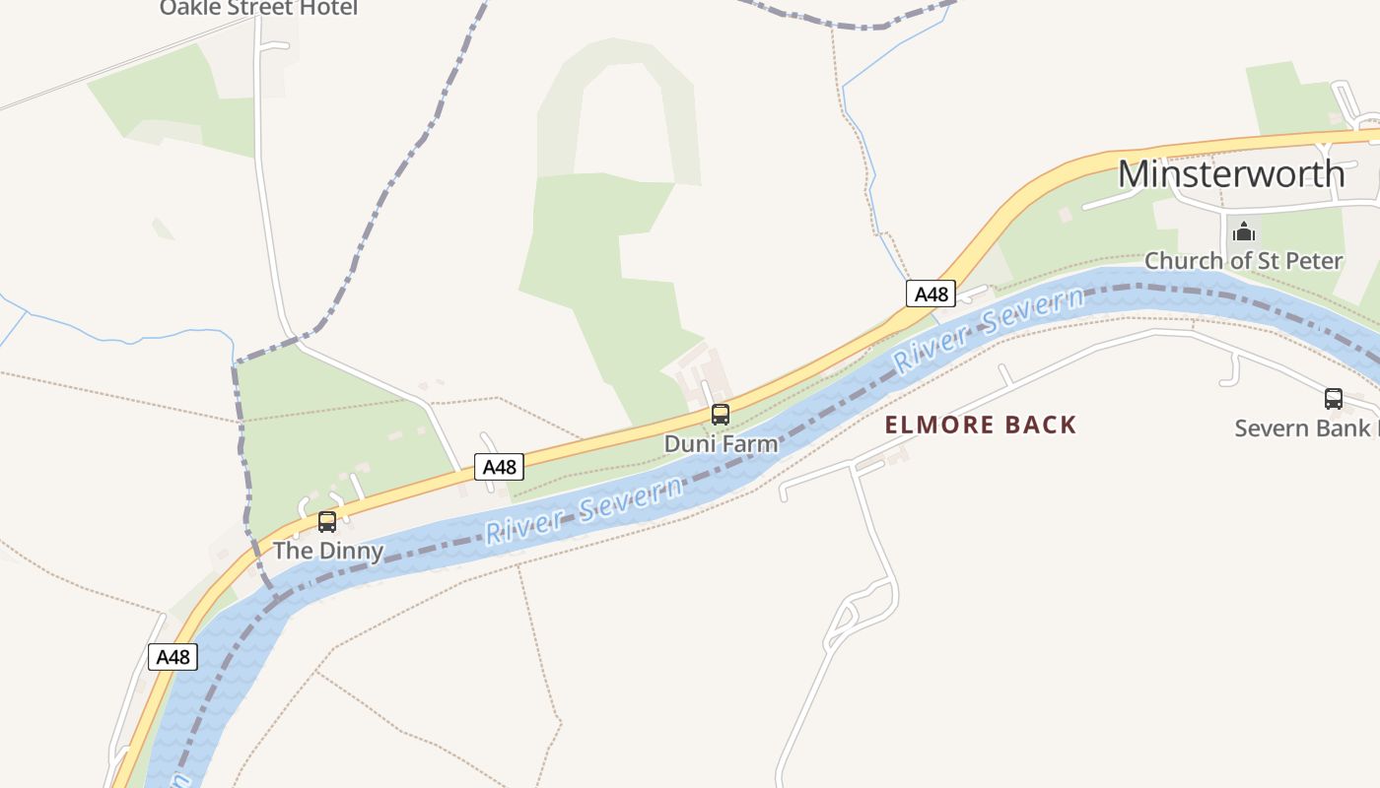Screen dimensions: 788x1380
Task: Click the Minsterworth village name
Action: tap(1231, 174)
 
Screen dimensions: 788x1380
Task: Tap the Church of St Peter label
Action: tap(1243, 261)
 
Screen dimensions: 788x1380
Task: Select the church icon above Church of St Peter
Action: tap(1244, 232)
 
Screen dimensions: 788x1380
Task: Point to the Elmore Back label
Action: tap(981, 426)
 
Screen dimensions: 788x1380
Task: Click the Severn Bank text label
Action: tap(1306, 428)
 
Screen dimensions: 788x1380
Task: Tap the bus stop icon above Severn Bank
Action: tap(1334, 399)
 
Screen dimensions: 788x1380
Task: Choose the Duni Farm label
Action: tap(721, 444)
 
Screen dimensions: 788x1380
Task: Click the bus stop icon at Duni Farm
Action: tap(721, 415)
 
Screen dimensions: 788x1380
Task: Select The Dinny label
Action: tap(328, 551)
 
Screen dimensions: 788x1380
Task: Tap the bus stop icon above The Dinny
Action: tap(327, 522)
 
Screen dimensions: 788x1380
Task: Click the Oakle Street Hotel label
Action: tap(258, 9)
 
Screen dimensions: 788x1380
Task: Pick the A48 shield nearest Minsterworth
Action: tap(931, 294)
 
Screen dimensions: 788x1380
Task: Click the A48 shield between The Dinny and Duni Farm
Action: tap(499, 467)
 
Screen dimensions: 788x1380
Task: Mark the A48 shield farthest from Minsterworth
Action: tap(172, 657)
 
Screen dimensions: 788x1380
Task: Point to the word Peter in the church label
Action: tap(1311, 261)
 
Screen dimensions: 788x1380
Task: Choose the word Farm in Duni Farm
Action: tap(749, 444)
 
